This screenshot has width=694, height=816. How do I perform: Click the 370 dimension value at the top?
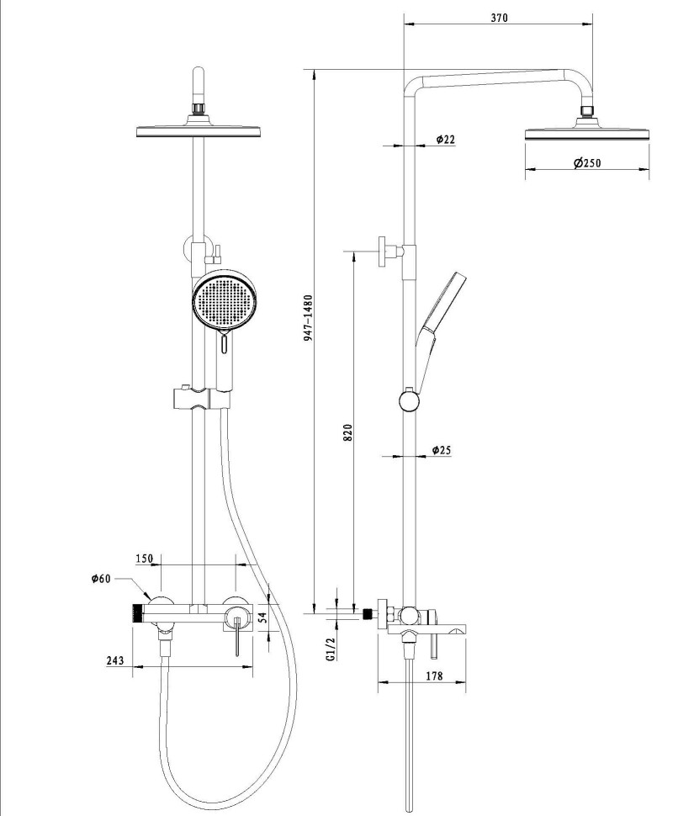tap(499, 18)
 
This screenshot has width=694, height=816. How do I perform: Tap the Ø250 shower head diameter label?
tap(587, 163)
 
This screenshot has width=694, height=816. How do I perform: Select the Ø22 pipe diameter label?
tap(445, 140)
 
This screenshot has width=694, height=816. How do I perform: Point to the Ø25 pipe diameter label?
tap(441, 449)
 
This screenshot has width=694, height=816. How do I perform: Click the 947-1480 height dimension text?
tap(309, 318)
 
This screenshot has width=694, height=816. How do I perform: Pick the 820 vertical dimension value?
tap(348, 432)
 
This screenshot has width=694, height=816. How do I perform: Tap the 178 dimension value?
tap(434, 676)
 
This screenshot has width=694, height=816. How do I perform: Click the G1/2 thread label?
tap(331, 649)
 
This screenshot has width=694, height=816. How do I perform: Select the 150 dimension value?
tap(145, 559)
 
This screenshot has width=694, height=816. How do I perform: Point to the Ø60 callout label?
tap(101, 578)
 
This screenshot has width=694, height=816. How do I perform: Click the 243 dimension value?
tap(115, 660)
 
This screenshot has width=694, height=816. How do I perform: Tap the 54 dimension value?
tap(262, 617)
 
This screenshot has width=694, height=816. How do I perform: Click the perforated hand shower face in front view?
tap(224, 301)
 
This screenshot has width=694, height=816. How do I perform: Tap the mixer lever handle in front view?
tap(237, 636)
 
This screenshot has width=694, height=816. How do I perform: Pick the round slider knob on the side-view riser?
tap(409, 400)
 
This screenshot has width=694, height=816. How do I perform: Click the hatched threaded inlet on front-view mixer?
tap(137, 613)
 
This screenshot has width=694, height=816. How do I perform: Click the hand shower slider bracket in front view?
tap(199, 398)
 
